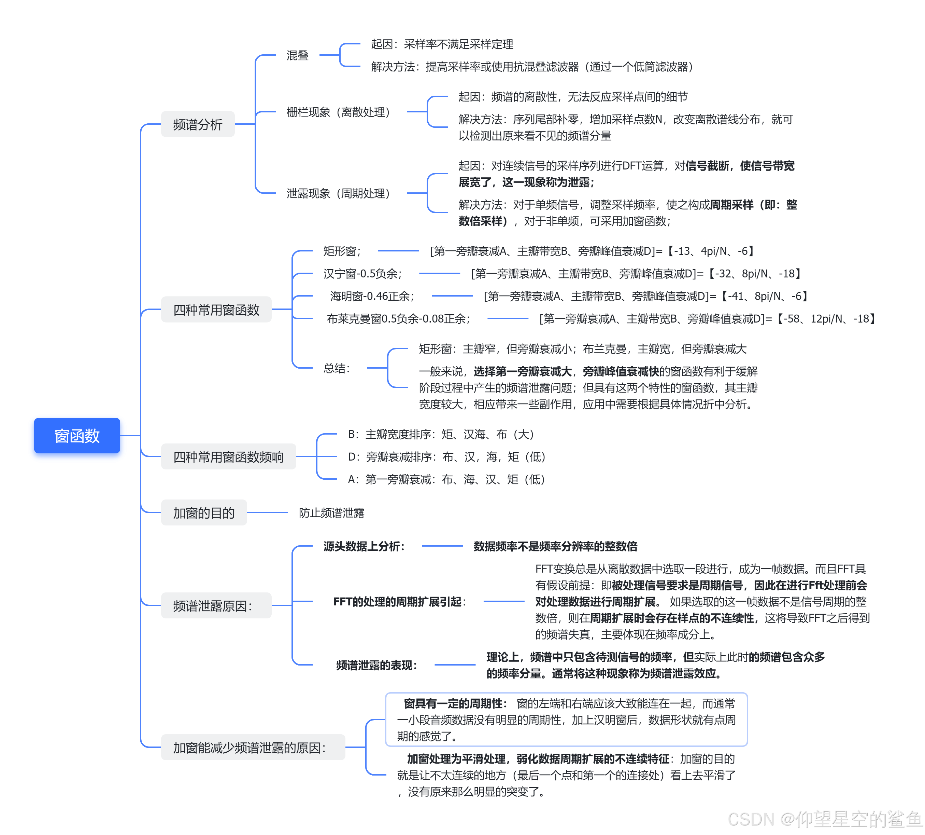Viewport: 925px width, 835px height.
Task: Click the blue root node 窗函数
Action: (x=77, y=435)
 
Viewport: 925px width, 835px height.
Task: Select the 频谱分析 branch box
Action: (x=198, y=124)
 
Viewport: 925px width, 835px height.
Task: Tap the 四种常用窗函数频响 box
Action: (x=228, y=457)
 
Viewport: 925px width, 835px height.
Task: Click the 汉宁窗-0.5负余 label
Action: (x=362, y=273)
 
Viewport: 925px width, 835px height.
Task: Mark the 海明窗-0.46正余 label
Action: (x=372, y=296)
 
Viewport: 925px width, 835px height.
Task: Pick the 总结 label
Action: (x=337, y=368)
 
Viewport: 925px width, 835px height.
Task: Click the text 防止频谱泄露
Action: (x=331, y=512)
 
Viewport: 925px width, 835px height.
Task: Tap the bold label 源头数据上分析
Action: (x=364, y=546)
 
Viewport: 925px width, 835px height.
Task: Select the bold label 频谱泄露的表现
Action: (x=377, y=665)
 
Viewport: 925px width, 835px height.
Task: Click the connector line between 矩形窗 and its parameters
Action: (x=398, y=251)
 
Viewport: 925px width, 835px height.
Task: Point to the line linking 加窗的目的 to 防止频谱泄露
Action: (x=267, y=512)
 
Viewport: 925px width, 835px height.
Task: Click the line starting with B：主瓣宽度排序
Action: (x=441, y=434)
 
